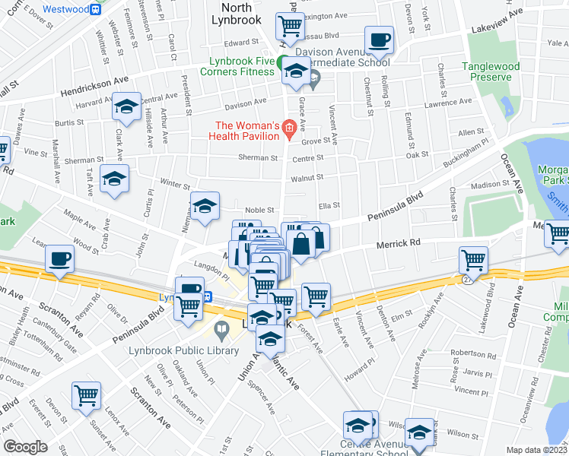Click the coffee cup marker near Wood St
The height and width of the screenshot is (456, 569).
[59, 260]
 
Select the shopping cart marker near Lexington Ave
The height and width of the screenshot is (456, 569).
[290, 27]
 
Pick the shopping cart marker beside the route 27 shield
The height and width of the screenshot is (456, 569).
[473, 261]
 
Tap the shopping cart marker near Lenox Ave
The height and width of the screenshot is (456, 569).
[87, 395]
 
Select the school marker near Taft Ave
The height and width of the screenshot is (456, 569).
[114, 179]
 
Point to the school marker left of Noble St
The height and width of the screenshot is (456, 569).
[205, 207]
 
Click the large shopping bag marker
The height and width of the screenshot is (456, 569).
[301, 245]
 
